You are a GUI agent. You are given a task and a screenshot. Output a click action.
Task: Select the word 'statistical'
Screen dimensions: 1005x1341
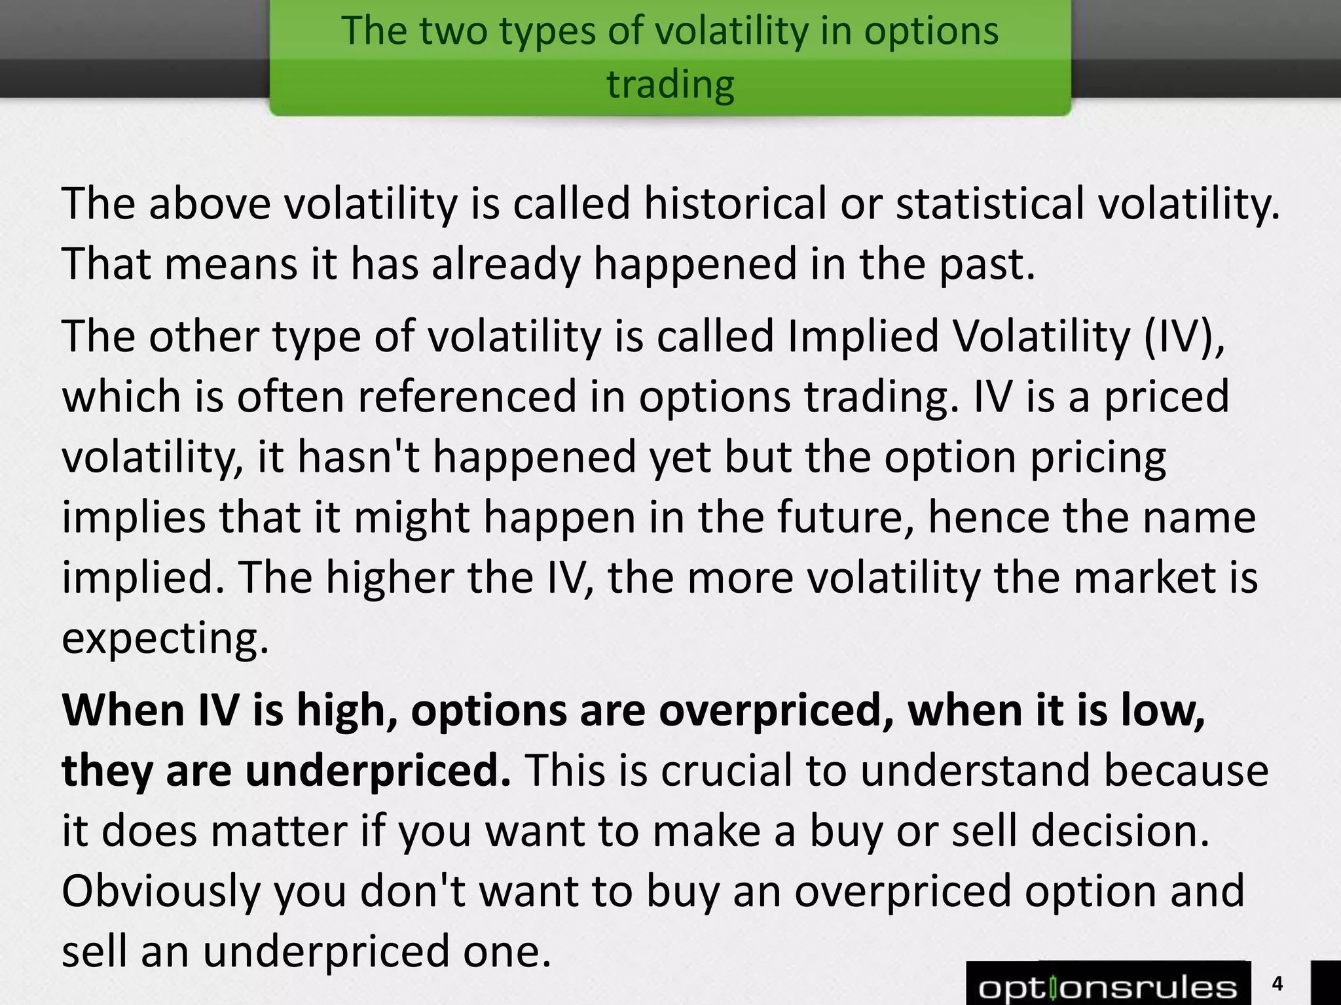(x=989, y=204)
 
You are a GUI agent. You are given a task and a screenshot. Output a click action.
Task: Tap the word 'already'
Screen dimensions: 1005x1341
(x=506, y=264)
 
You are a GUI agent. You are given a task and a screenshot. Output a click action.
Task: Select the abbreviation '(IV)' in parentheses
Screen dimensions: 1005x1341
(x=1184, y=337)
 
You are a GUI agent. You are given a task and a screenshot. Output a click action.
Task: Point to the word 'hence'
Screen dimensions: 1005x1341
(x=987, y=518)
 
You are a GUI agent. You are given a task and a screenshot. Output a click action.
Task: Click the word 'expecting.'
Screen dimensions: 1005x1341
(x=165, y=639)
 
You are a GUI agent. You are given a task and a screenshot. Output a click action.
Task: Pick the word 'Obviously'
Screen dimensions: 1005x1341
(x=161, y=892)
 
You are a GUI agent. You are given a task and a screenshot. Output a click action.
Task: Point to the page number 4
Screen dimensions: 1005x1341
(x=1277, y=983)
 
